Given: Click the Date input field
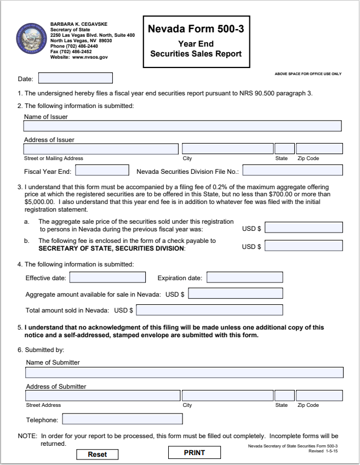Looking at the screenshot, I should click(75, 78).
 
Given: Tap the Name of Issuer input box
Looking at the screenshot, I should click(182, 126).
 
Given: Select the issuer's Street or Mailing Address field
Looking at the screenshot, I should click(101, 149).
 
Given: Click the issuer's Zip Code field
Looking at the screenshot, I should click(319, 149).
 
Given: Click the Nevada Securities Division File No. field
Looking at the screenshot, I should click(293, 171).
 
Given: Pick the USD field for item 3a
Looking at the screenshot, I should click(304, 228).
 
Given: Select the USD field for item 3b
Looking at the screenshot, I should click(304, 246).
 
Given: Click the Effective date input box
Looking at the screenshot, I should click(107, 277).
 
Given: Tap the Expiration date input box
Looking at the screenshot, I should click(244, 277).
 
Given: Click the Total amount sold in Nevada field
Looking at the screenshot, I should click(209, 310).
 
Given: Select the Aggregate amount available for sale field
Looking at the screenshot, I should click(236, 294).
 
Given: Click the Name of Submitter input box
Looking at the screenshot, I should click(184, 373).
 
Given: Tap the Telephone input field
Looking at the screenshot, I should click(123, 419).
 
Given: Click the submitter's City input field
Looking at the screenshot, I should click(227, 395).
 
